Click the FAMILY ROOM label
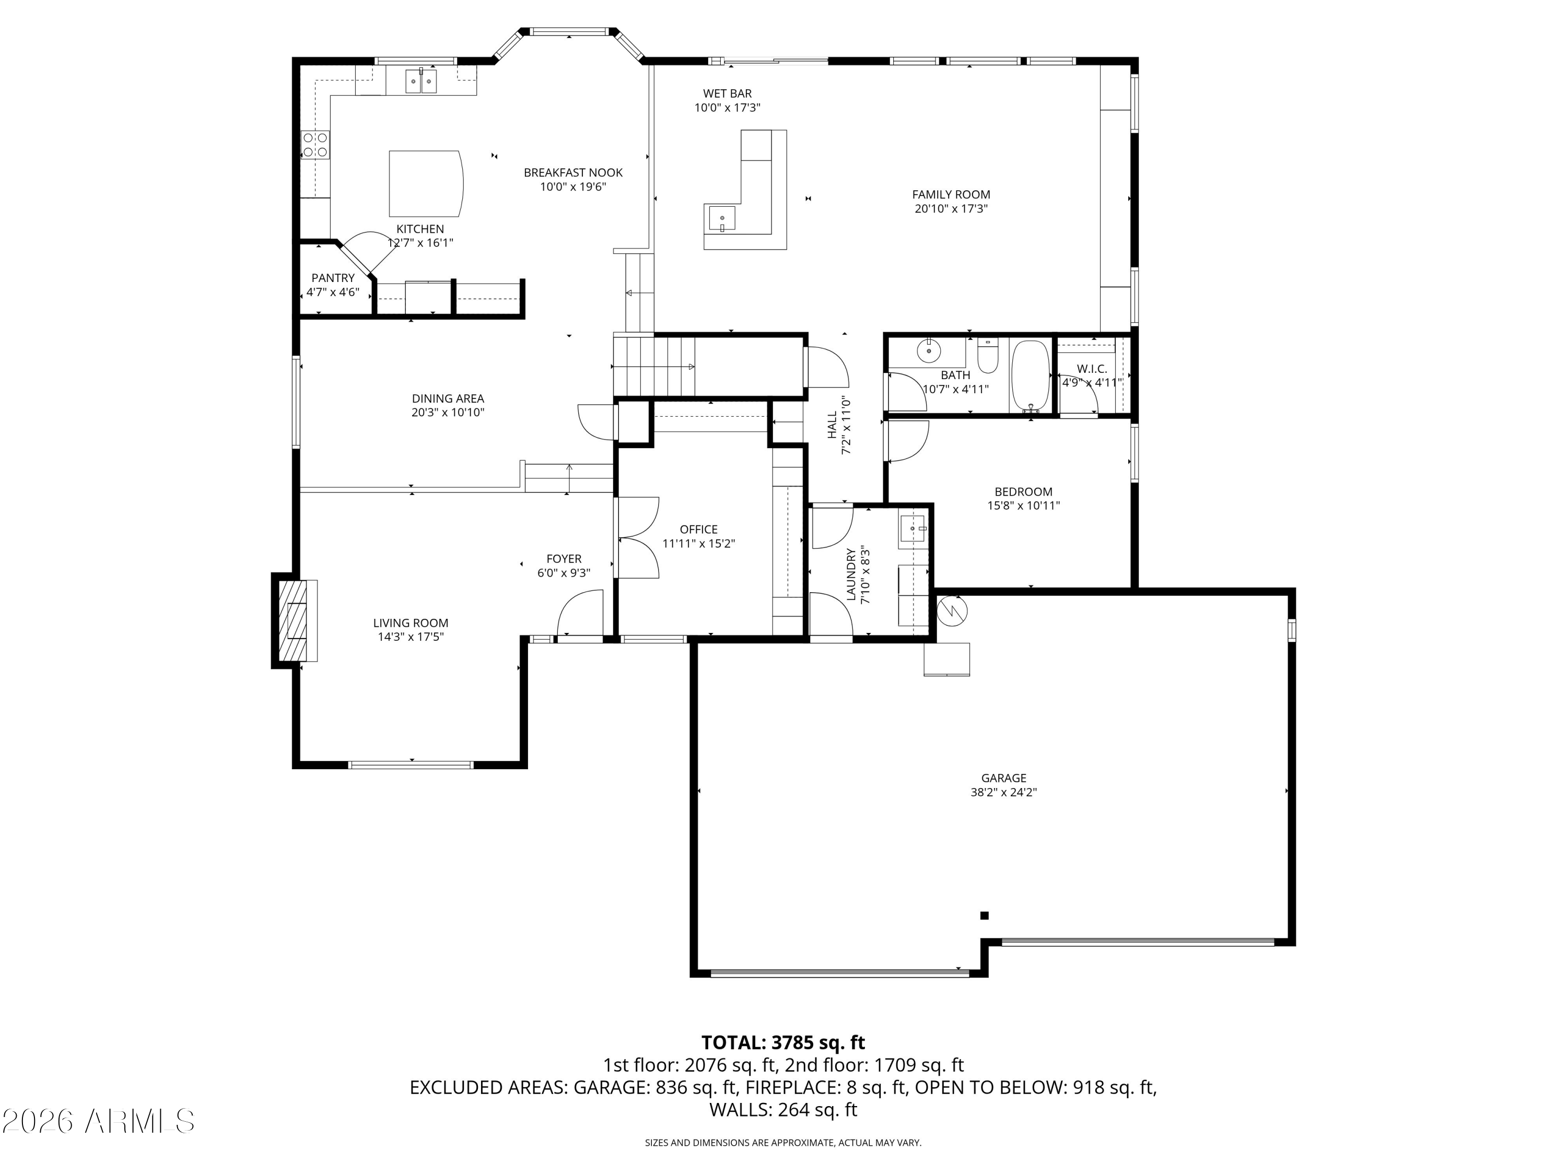coord(951,194)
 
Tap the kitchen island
coord(425,183)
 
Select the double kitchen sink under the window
coord(421,81)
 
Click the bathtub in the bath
coord(1030,376)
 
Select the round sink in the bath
coord(928,349)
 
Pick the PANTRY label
coord(332,278)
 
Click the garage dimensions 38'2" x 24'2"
coord(1003,793)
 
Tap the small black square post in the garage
coord(984,916)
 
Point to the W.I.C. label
coord(1091,369)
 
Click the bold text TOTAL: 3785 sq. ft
coord(783,1042)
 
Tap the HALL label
coord(833,425)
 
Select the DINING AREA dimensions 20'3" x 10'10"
coord(448,412)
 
